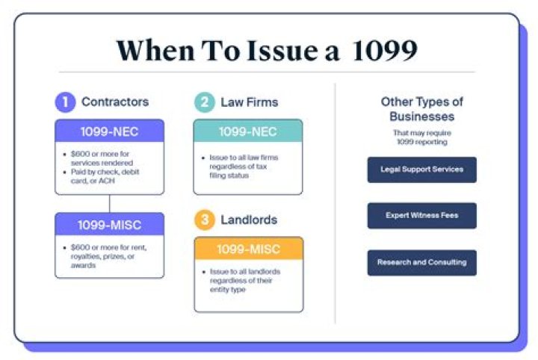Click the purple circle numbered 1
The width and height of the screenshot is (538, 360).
point(65,102)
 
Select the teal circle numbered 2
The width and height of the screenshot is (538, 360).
point(204,102)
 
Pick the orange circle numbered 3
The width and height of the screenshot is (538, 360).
point(204,220)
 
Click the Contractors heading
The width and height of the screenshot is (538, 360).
point(115,102)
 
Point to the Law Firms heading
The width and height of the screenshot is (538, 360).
point(249,102)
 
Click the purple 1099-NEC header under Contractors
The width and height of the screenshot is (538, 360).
point(109,131)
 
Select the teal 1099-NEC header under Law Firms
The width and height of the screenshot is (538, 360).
point(248,131)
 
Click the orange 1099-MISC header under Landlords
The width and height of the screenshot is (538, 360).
point(248,249)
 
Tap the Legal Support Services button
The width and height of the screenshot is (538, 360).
point(421,170)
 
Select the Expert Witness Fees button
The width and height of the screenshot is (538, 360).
point(421,216)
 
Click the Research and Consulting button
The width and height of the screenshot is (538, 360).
point(421,262)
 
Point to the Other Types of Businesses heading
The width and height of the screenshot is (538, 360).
point(421,109)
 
